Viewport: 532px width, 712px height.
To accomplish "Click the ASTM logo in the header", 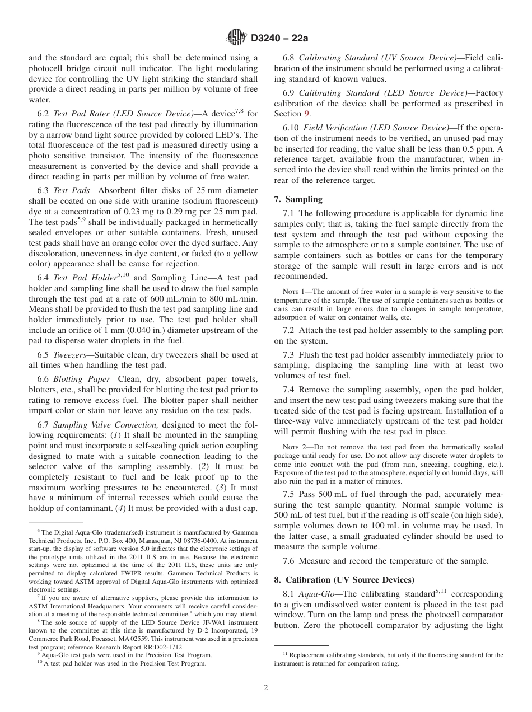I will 236,38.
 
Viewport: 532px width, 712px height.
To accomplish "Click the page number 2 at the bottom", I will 265,688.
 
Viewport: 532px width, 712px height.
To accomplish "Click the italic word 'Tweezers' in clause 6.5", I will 69,355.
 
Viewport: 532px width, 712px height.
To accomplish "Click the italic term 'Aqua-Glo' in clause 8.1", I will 315,594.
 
